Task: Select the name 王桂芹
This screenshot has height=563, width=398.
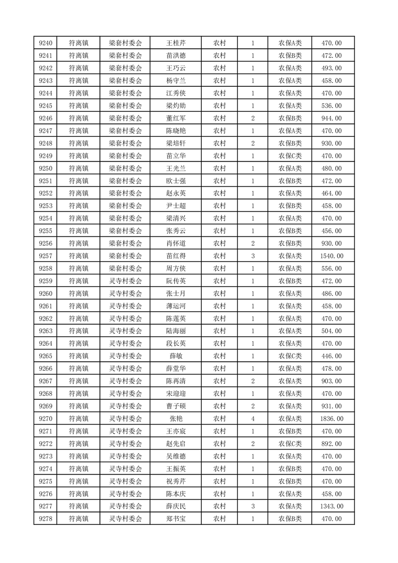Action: coord(176,43)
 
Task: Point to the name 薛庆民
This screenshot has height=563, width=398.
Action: coord(176,506)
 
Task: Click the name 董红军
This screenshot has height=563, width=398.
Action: coord(176,118)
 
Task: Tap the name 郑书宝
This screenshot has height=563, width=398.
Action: coord(176,519)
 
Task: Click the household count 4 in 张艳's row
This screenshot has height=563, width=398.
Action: coord(252,418)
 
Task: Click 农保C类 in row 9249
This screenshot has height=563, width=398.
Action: coord(290,156)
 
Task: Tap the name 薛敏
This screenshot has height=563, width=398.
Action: coord(176,356)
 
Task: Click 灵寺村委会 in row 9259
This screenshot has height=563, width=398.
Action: coord(125,281)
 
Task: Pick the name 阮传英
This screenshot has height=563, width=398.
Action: coord(176,281)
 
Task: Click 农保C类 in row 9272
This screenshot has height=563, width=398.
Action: coord(290,444)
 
